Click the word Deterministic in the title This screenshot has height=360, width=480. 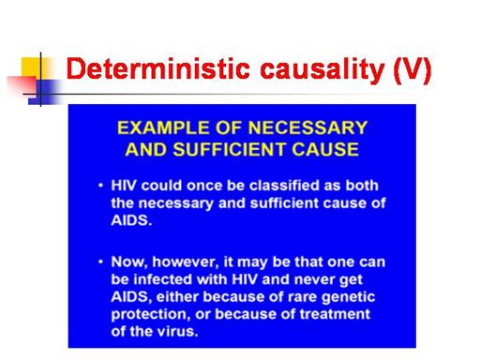click(158, 68)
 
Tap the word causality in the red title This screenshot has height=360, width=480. click(322, 70)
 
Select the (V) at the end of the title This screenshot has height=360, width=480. click(412, 71)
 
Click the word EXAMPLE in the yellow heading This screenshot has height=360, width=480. click(163, 127)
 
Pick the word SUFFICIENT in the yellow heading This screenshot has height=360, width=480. click(229, 149)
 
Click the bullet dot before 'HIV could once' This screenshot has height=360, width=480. click(100, 186)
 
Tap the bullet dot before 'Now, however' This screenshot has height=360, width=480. click(100, 262)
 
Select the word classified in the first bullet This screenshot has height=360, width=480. click(284, 186)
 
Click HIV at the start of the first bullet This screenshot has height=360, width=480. click(124, 186)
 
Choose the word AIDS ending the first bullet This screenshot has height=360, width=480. click(131, 220)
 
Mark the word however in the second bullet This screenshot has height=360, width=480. click(186, 262)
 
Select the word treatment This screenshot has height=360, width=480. click(335, 314)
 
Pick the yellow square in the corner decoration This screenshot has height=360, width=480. click(31, 67)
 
